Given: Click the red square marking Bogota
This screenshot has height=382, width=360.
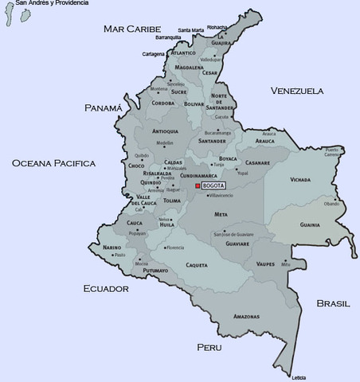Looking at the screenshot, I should click(198, 185).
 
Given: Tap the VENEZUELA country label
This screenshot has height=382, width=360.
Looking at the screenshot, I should click(297, 91).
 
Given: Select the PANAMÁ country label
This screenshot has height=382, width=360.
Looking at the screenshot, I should click(104, 107).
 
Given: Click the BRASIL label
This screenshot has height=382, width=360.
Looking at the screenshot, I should click(333, 303).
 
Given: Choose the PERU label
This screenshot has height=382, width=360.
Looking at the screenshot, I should click(209, 347).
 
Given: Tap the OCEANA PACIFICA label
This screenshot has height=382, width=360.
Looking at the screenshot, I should click(53, 163).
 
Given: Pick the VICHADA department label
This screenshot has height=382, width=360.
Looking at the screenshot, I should click(300, 180).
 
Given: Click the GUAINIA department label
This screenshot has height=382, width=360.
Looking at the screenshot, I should click(310, 224).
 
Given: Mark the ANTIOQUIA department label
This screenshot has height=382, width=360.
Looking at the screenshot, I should click(165, 131).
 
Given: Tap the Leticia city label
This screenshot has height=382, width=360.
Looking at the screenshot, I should click(299, 376).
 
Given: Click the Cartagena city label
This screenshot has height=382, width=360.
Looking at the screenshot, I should click(153, 54).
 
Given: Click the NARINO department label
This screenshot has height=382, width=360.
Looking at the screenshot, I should click(112, 248).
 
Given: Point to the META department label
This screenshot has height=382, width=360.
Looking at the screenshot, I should click(221, 214).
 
